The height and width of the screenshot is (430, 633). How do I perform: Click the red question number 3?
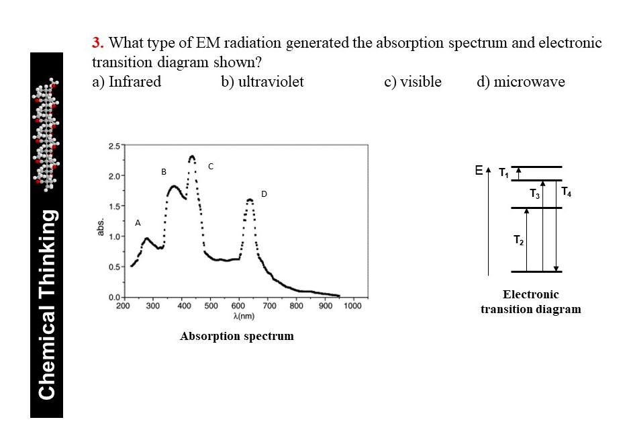click(x=97, y=44)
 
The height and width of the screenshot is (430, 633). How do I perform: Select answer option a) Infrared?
click(x=126, y=82)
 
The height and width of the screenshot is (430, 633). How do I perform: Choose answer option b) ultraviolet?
click(x=262, y=82)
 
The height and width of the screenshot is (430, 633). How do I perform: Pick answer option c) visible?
click(x=413, y=82)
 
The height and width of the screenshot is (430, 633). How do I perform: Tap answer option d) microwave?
click(x=521, y=82)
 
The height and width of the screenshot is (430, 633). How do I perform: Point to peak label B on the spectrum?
click(x=163, y=172)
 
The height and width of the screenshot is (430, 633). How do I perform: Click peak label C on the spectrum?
click(x=210, y=165)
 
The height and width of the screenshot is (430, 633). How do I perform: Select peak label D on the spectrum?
click(x=264, y=193)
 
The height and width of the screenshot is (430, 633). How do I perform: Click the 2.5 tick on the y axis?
click(x=113, y=146)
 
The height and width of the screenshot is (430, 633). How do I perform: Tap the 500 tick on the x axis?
click(x=209, y=306)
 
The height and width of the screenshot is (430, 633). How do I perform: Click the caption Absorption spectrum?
click(x=237, y=336)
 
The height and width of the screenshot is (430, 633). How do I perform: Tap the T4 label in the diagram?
click(x=567, y=191)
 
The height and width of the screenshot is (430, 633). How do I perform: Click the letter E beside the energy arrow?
click(x=479, y=171)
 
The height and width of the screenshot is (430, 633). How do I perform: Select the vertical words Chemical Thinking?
click(x=47, y=304)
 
